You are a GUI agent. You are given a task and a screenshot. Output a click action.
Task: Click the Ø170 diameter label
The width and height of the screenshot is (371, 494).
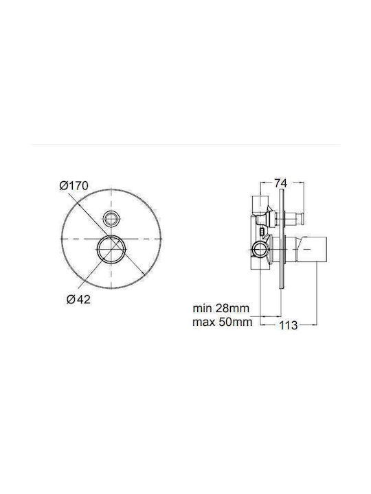pos(74,185)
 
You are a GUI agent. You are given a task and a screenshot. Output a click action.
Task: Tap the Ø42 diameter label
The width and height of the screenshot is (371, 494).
pos(78,299)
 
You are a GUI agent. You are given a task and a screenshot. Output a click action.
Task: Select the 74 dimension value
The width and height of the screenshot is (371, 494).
pos(280,183)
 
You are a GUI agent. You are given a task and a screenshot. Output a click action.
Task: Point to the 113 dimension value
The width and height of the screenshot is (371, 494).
pos(289,325)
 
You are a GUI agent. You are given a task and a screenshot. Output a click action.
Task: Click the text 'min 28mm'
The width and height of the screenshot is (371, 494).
pos(221,308)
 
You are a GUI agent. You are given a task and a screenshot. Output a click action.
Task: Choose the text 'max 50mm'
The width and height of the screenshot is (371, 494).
pos(223,322)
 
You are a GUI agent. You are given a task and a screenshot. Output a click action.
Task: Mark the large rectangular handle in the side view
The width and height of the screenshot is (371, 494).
pos(313,249)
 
